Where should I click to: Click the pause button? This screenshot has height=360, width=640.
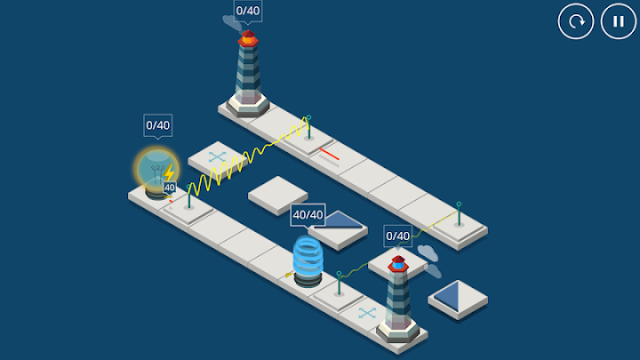(x=619, y=21)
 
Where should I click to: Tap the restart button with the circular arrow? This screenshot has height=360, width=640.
(x=576, y=21)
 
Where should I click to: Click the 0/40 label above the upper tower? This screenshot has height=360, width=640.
(x=248, y=12)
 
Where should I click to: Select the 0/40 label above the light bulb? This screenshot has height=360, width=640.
(x=157, y=125)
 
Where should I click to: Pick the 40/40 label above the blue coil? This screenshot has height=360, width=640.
(x=308, y=214)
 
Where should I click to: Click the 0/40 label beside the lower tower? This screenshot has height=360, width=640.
(x=397, y=236)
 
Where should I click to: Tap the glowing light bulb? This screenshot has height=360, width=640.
(x=156, y=171)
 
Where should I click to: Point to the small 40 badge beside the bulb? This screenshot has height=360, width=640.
(x=170, y=188)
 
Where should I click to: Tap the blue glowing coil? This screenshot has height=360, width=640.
(x=308, y=258)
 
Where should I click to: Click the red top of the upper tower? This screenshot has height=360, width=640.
(x=248, y=38)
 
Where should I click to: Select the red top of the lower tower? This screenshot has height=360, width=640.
(x=397, y=263)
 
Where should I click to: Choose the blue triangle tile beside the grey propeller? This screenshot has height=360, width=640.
(x=459, y=295)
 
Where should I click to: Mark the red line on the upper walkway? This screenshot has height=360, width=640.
(x=330, y=156)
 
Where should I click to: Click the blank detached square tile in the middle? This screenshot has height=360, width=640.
(x=278, y=193)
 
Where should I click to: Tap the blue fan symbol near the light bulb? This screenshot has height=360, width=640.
(x=218, y=157)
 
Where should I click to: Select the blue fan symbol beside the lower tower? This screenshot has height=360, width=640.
(x=367, y=313)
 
